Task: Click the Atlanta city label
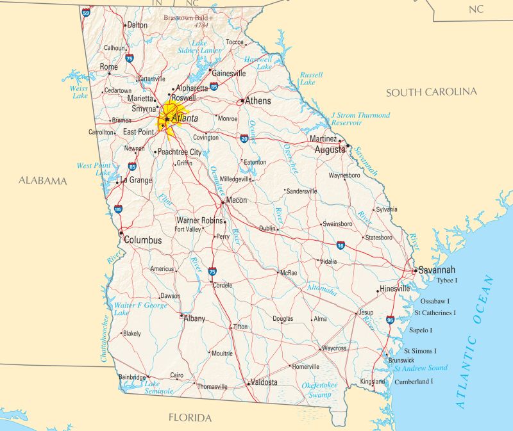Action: [185, 118]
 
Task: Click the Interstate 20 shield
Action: [244, 138]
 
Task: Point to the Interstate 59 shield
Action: [86, 12]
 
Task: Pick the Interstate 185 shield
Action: [118, 209]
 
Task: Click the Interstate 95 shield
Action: [391, 319]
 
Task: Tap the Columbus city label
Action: [142, 240]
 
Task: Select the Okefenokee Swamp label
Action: [319, 389]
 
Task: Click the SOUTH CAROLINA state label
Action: [431, 92]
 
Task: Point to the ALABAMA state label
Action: [42, 181]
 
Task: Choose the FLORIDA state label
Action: [190, 418]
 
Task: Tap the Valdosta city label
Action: [264, 382]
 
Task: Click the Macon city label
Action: [236, 200]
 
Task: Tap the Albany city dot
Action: [181, 315]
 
